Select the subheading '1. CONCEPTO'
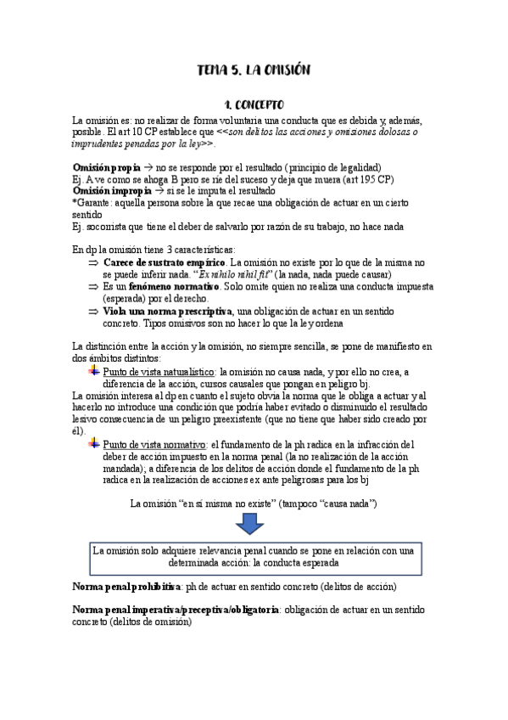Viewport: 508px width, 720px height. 254,105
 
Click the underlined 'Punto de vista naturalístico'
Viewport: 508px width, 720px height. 159,371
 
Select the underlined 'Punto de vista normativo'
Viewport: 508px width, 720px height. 154,443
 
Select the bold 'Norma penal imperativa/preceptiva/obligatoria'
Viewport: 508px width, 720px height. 176,610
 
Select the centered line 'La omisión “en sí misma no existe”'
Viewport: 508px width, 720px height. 254,503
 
